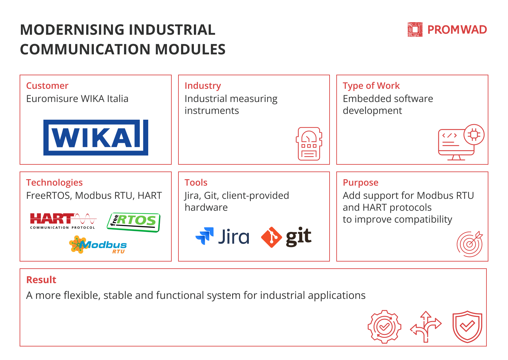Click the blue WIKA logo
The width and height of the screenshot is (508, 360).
pyautogui.click(x=96, y=138)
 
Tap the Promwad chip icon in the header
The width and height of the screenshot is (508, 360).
pyautogui.click(x=415, y=30)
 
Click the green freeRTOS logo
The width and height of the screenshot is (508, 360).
pyautogui.click(x=134, y=222)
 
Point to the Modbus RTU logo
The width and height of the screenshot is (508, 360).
pyautogui.click(x=98, y=245)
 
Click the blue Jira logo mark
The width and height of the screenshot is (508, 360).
pyautogui.click(x=204, y=236)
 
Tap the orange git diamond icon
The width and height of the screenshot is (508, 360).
pyautogui.click(x=271, y=237)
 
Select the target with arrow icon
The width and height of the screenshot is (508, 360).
pyautogui.click(x=470, y=244)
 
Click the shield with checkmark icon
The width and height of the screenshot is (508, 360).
pyautogui.click(x=467, y=327)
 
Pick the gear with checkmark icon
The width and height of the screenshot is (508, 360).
pyautogui.click(x=385, y=327)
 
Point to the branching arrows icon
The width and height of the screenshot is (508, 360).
pyautogui.click(x=426, y=327)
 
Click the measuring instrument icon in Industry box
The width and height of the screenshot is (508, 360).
pyautogui.click(x=309, y=144)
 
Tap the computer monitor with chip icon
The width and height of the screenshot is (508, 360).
pyautogui.click(x=461, y=142)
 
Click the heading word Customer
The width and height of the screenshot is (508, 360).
pyautogui.click(x=47, y=86)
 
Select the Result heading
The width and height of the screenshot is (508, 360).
pyautogui.click(x=41, y=280)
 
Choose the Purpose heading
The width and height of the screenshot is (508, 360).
pyautogui.click(x=361, y=183)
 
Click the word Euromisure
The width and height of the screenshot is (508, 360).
pyautogui.click(x=52, y=99)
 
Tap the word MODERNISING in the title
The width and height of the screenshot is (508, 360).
pyautogui.click(x=72, y=30)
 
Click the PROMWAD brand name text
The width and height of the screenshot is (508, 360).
pyautogui.click(x=457, y=30)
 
